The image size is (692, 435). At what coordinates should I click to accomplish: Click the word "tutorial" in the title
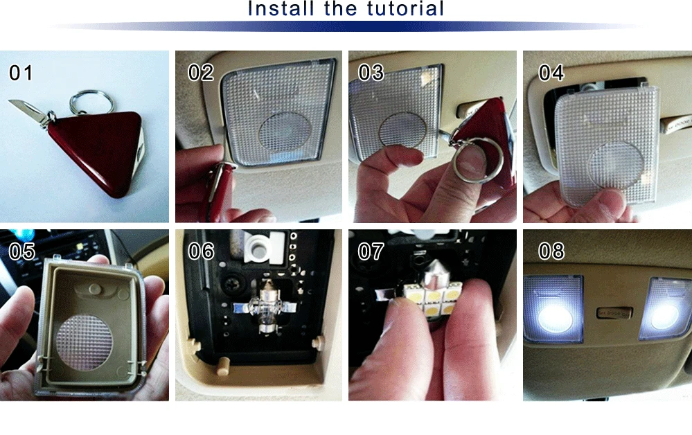click(x=405, y=8)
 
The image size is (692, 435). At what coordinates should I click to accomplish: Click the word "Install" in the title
click(x=280, y=8)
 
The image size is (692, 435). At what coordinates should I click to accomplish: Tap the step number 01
click(x=21, y=73)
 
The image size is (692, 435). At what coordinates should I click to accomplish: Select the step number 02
click(x=201, y=73)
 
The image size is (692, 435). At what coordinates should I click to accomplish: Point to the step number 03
click(x=371, y=73)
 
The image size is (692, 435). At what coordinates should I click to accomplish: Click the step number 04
click(x=551, y=73)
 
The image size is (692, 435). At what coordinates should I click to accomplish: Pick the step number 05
click(x=21, y=251)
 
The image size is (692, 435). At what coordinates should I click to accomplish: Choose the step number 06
click(x=202, y=251)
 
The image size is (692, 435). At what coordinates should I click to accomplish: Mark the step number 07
click(x=371, y=251)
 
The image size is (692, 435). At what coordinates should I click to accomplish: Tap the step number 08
click(x=551, y=251)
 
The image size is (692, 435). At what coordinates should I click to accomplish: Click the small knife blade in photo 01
click(x=26, y=109)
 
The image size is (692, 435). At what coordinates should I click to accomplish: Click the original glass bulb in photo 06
click(x=267, y=304)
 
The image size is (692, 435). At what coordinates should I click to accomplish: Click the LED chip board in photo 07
click(x=432, y=297)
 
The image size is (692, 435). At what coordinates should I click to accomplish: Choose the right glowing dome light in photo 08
click(x=665, y=310)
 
